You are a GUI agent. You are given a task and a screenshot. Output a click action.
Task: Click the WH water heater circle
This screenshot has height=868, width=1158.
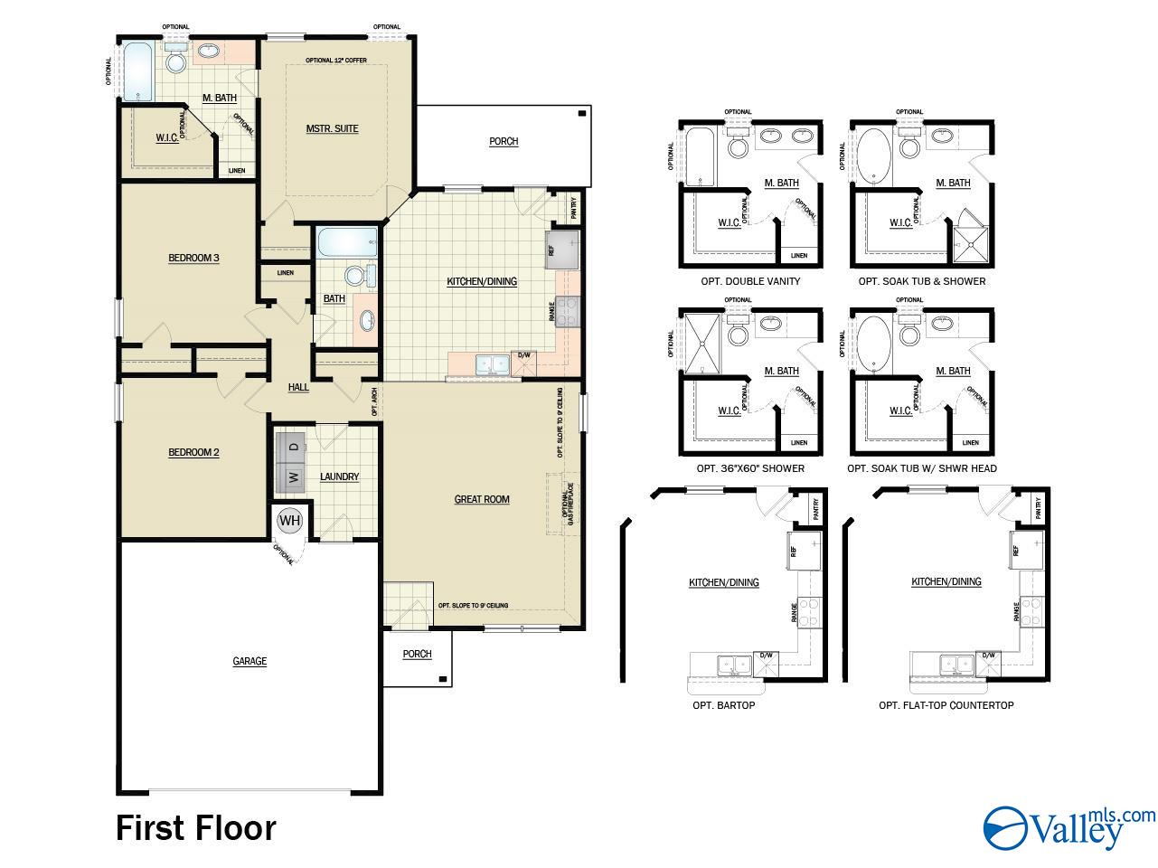[289, 521]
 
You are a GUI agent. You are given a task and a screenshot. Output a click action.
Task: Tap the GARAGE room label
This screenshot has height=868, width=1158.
[249, 661]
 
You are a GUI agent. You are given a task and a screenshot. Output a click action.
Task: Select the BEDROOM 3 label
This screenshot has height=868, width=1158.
[193, 258]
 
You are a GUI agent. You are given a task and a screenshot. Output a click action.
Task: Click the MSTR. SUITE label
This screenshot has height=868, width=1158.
[332, 128]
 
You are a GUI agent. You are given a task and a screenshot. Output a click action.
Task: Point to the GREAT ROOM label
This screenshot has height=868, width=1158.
[482, 499]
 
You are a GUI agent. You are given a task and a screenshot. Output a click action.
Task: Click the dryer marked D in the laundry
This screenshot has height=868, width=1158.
[293, 445]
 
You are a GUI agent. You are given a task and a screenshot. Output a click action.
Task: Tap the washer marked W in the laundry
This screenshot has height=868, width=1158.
[293, 476]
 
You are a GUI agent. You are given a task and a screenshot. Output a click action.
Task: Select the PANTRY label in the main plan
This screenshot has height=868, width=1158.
[574, 209]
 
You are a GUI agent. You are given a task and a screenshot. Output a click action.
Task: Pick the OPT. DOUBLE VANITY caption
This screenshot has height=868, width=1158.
[750, 281]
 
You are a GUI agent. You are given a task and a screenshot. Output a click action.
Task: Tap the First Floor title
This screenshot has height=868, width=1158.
[196, 827]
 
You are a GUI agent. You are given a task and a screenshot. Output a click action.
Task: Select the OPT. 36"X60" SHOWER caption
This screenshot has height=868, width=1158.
[750, 469]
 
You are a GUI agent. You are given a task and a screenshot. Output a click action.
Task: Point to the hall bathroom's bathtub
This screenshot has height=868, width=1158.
[347, 242]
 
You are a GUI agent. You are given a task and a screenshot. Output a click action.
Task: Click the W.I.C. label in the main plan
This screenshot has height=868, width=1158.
[166, 138]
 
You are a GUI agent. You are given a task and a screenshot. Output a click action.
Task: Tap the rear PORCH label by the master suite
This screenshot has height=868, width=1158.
[504, 141]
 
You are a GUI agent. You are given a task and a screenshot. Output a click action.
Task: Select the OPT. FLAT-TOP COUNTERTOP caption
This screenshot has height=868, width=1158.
[946, 705]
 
